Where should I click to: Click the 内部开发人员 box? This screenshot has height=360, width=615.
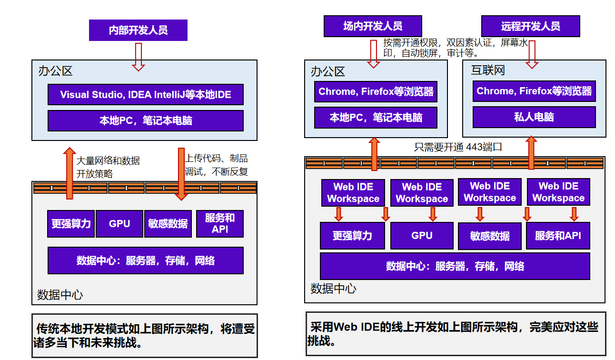click(x=138, y=30)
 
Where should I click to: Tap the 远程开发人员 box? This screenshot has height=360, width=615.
click(x=530, y=26)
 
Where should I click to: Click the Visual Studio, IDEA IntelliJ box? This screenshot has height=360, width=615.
click(x=145, y=95)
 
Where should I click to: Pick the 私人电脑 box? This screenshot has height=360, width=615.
click(x=534, y=117)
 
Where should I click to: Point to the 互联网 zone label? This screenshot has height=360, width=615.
click(x=488, y=71)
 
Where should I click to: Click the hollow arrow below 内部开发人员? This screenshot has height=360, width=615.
click(x=138, y=56)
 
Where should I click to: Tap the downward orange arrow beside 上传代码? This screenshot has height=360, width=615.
click(x=181, y=173)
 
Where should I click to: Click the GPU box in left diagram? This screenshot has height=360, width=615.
click(x=119, y=224)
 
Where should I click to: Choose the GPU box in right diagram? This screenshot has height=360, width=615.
click(x=421, y=236)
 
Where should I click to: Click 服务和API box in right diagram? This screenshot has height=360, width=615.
click(x=558, y=236)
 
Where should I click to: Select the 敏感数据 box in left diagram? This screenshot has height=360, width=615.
click(x=168, y=224)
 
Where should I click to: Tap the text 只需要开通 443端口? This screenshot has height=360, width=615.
click(x=458, y=147)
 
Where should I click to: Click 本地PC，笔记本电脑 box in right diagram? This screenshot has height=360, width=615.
click(x=376, y=117)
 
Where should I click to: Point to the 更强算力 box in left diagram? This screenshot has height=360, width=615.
click(x=71, y=224)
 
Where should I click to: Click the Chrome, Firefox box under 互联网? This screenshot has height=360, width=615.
click(x=534, y=91)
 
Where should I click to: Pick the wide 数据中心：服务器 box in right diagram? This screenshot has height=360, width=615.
click(x=455, y=266)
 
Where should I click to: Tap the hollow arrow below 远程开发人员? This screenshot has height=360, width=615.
click(x=532, y=53)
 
